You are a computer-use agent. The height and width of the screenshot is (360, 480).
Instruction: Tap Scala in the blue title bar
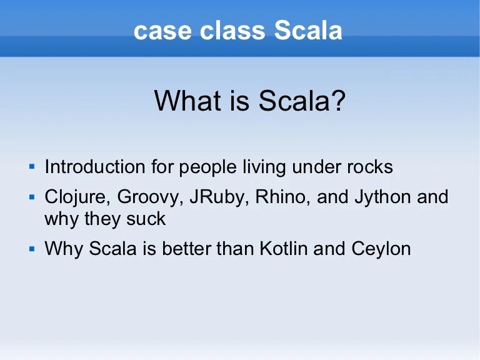point(309,31)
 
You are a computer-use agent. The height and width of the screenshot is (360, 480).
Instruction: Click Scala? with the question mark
point(302,101)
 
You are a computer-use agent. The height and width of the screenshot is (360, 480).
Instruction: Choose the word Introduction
point(95,167)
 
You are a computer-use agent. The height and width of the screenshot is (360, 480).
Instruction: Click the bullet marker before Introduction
point(31,167)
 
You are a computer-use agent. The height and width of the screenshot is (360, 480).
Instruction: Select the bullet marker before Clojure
point(31,197)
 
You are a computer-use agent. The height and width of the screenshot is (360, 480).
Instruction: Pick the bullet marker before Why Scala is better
point(31,249)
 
